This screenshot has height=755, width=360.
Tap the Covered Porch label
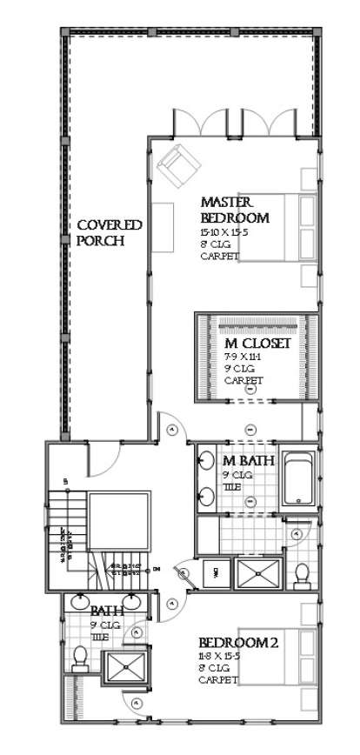point(110,232)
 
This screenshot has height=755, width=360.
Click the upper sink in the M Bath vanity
point(207,461)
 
